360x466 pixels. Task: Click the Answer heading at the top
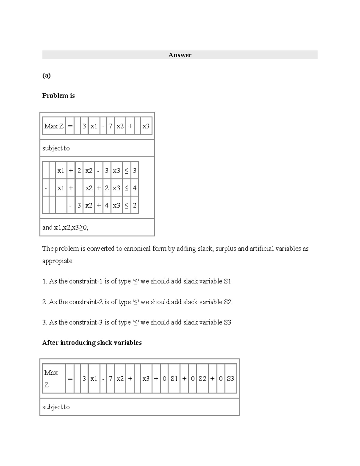pos(180,55)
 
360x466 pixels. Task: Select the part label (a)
pos(46,75)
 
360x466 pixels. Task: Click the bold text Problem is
pos(58,96)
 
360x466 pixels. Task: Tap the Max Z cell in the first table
pos(54,126)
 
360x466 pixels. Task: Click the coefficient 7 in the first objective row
pos(110,126)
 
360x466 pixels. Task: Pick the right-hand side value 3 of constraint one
pos(135,171)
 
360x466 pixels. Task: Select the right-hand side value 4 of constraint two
pos(135,188)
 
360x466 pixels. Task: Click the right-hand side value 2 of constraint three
pos(135,206)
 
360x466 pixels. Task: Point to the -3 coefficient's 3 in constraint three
pos(79,206)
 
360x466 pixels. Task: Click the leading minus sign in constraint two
pos(46,188)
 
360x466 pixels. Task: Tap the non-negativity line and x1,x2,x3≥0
pos(65,227)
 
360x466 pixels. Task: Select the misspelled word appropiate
pos(57,261)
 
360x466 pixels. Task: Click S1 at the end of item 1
pos(227,281)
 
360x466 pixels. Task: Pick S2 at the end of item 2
pos(227,302)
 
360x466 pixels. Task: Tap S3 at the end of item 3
pos(227,322)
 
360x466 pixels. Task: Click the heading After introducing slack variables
pos(92,343)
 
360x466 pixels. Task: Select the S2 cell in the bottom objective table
pos(202,379)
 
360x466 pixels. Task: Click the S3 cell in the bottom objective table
pos(230,379)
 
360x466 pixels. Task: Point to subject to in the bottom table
pos(56,407)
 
